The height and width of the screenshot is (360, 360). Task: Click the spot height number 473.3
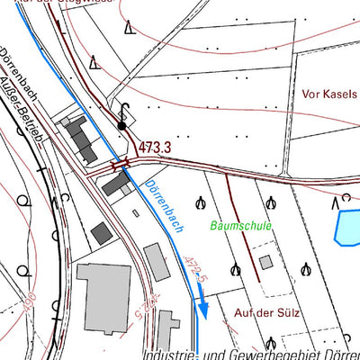(x=155, y=146)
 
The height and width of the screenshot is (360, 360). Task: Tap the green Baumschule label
(x=240, y=226)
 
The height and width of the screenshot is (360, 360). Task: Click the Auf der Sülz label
(x=266, y=312)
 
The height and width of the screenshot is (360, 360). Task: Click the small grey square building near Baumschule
(x=265, y=262)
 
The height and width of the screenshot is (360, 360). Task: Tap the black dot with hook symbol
(x=122, y=125)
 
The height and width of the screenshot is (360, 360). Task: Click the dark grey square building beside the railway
(x=102, y=233)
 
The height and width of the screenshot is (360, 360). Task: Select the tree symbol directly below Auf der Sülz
(x=272, y=342)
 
